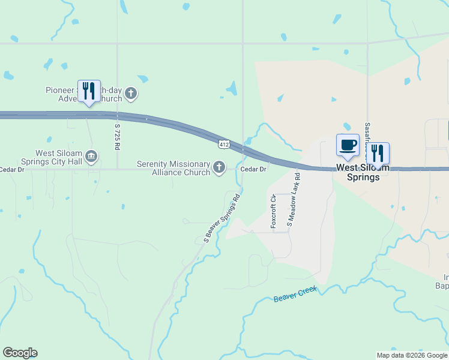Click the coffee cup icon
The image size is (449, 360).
click(348, 145)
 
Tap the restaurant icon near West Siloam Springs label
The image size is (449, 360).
click(378, 153)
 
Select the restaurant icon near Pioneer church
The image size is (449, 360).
click(89, 91)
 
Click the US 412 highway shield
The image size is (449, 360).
click(224, 145)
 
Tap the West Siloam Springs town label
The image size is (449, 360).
click(358, 172)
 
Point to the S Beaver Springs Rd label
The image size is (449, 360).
click(221, 218)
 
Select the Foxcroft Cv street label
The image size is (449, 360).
click(273, 211)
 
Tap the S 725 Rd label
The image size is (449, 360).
click(118, 136)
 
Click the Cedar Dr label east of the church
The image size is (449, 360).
click(253, 169)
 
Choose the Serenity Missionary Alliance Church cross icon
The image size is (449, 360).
click(220, 167)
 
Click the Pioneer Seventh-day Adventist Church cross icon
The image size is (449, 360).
click(131, 94)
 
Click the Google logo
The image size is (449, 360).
click(20, 353)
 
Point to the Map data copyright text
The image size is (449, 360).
click(412, 355)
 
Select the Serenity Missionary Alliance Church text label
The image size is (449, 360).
click(173, 168)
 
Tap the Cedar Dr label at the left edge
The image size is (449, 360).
click(12, 170)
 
